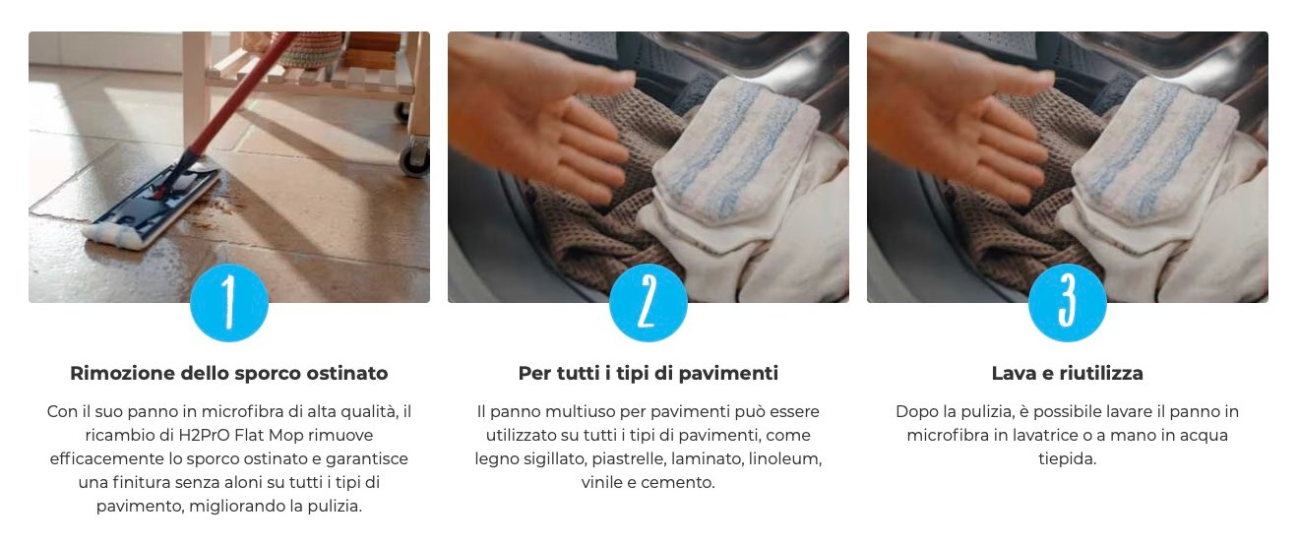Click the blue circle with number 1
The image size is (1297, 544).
click(x=229, y=303)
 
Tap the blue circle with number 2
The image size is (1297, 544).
click(x=648, y=303)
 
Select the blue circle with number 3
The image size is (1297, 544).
click(x=1068, y=303)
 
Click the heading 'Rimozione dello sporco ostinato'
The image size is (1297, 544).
click(x=229, y=373)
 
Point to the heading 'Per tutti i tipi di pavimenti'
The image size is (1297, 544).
click(x=648, y=373)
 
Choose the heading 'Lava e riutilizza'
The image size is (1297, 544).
click(x=1068, y=373)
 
